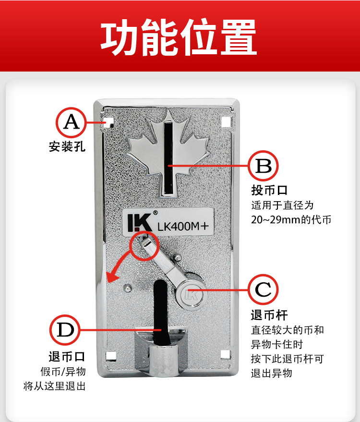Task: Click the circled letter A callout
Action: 72,122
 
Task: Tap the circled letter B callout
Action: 263,166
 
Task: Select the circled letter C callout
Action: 263,289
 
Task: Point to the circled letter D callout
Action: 65,330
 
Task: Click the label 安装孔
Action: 67,147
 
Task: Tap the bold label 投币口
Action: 269,190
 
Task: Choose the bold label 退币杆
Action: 269,315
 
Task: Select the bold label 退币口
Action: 67,357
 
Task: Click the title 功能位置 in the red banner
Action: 179,37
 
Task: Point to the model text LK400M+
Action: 183,227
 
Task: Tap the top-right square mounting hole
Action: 226,122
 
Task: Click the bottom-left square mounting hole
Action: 111,356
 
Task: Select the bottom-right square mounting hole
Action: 226,354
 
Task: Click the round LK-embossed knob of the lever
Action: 192,295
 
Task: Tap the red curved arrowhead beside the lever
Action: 112,277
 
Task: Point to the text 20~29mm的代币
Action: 291,219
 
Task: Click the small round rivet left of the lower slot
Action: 128,288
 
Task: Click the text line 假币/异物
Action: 63,372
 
